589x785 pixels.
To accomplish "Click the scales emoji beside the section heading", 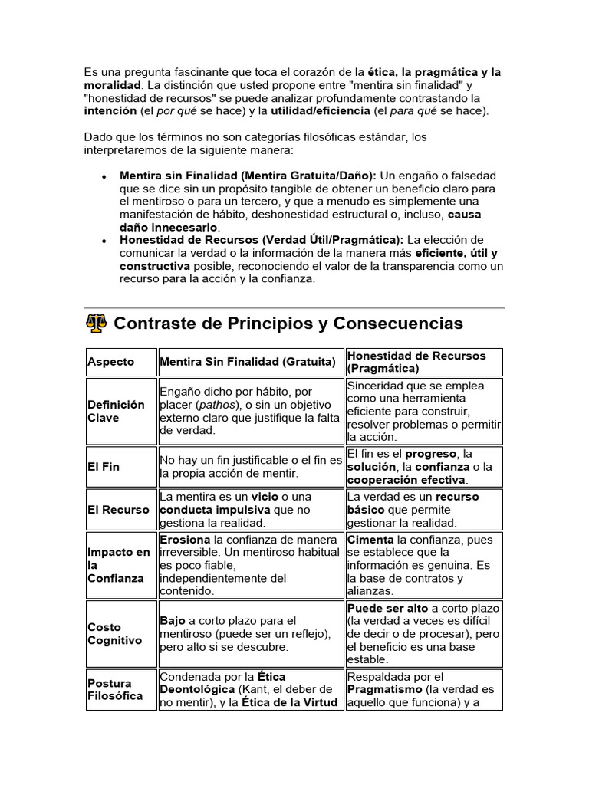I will point(96,324).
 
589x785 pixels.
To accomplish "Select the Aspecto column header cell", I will point(110,362).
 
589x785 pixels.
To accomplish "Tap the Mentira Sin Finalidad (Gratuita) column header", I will point(247,362).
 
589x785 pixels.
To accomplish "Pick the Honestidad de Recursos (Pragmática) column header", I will point(416,362).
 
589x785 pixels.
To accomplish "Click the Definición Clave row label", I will point(116,411).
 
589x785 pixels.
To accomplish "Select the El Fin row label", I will point(104,466).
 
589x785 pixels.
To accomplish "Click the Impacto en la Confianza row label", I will point(118,565).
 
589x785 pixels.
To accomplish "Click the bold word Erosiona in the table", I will point(185,540).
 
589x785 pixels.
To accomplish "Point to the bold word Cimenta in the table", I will point(371,540).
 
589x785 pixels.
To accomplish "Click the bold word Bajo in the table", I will point(172,620).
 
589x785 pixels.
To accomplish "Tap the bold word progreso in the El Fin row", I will point(431,454).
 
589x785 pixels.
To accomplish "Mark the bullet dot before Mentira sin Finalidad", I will point(104,176).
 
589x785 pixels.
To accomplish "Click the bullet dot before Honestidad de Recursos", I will point(104,240).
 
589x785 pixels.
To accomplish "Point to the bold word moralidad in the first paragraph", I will point(112,85).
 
